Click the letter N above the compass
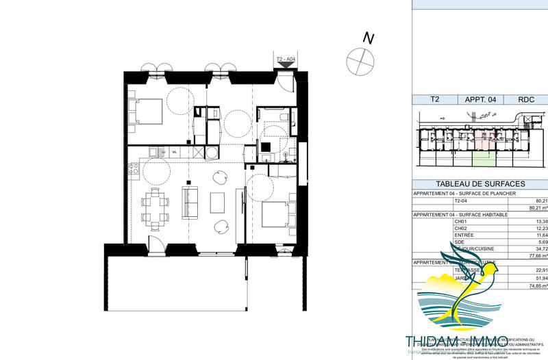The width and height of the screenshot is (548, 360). (368, 38)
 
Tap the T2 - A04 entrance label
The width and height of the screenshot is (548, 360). (285, 60)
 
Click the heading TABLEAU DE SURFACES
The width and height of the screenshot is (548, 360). (480, 184)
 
